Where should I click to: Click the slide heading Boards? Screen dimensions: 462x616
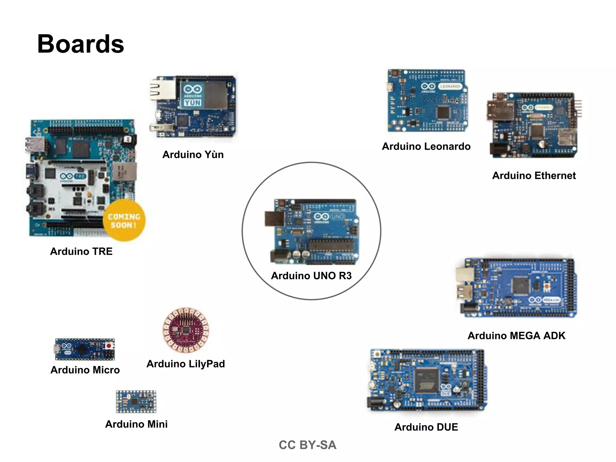[81, 44]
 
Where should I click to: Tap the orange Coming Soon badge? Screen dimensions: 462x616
[124, 220]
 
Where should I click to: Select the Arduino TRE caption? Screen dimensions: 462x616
[81, 251]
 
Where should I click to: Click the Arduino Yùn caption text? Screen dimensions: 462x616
[193, 155]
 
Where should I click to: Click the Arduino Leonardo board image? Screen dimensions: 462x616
[427, 101]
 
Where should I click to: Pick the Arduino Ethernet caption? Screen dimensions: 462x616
[534, 176]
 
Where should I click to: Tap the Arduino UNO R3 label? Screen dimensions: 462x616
[311, 276]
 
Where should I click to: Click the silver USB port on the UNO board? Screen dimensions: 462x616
[274, 219]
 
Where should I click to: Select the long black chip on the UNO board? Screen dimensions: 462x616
[331, 245]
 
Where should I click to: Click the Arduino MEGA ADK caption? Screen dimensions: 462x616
[516, 336]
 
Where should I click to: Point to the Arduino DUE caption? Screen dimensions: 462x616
[426, 427]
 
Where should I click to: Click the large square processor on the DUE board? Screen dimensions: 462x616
[426, 380]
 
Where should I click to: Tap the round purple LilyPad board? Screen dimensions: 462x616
[186, 330]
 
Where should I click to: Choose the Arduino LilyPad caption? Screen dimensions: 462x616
[186, 364]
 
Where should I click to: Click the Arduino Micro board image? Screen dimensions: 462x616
[85, 349]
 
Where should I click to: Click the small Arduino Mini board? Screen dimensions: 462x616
[136, 402]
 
